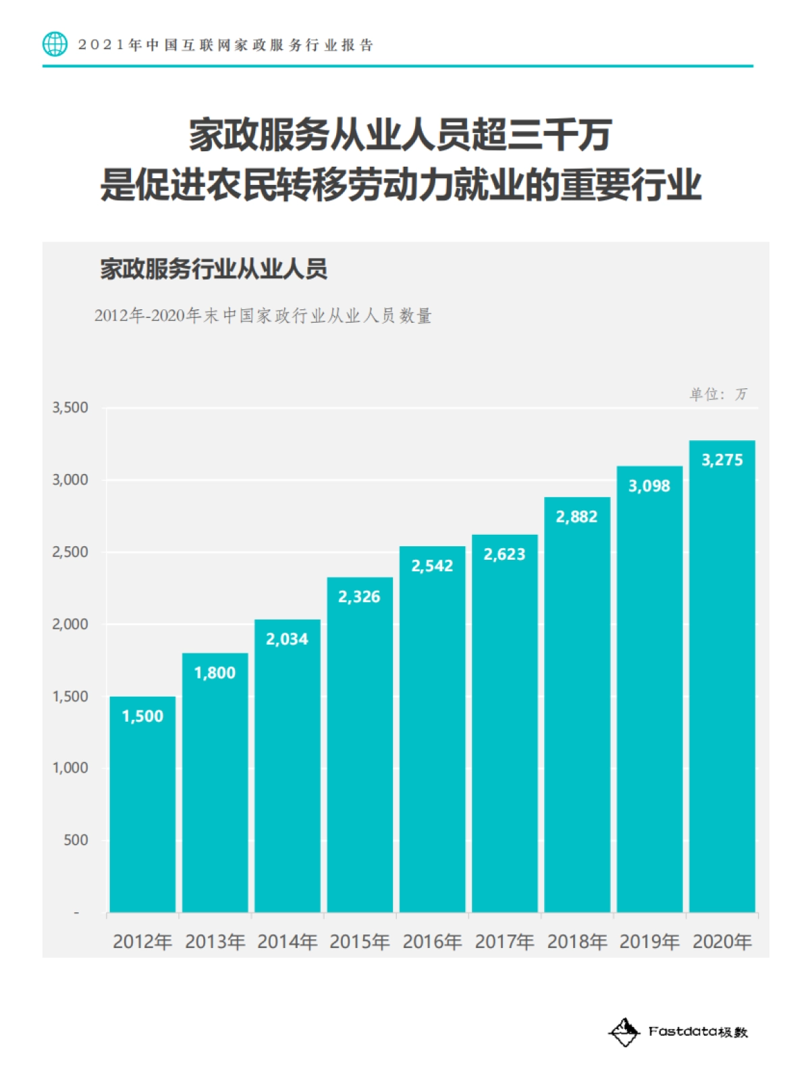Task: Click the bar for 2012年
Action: click(x=142, y=803)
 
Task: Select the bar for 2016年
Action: click(x=432, y=729)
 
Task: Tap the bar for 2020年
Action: click(x=722, y=675)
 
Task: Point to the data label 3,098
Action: click(x=649, y=486)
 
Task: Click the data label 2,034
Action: click(x=287, y=639)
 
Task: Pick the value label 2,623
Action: click(x=504, y=554)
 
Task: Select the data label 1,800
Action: click(x=215, y=673)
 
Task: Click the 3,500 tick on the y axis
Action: click(x=70, y=408)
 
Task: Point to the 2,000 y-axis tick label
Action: click(x=70, y=625)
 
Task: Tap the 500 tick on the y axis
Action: click(x=76, y=841)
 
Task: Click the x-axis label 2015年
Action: click(x=359, y=942)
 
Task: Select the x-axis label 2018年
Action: click(x=576, y=942)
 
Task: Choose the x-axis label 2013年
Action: click(x=215, y=942)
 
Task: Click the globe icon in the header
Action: click(x=55, y=45)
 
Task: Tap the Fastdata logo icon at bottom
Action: click(x=624, y=1032)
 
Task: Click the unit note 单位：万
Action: click(x=718, y=394)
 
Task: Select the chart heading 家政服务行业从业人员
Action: click(x=214, y=269)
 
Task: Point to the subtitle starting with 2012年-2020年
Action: click(x=263, y=316)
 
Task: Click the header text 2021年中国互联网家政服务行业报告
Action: click(x=225, y=45)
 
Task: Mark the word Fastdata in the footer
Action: click(x=682, y=1032)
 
